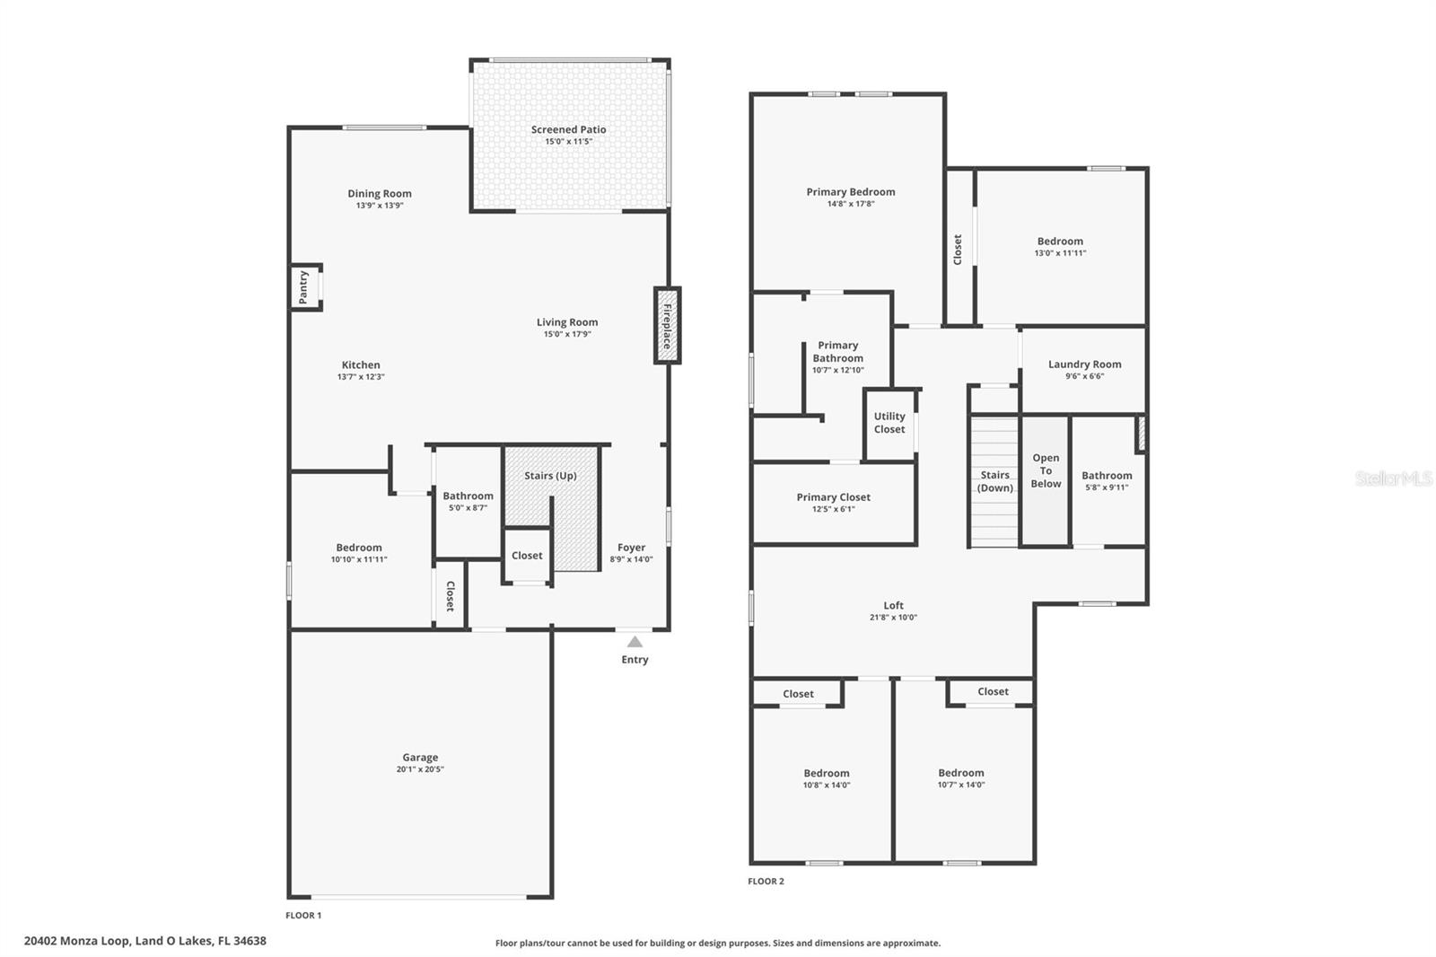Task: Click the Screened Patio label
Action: [x=568, y=129]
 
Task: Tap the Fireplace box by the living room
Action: [x=667, y=325]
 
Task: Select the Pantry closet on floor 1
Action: [x=304, y=287]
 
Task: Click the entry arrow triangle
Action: [x=635, y=642]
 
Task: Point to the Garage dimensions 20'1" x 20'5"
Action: [x=420, y=769]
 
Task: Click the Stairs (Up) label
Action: [x=550, y=476]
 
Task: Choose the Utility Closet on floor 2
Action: [x=889, y=423]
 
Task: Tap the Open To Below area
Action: [x=1046, y=471]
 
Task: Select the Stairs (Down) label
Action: [x=994, y=481]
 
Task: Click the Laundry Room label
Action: [x=1084, y=364]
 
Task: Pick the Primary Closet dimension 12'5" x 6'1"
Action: [x=833, y=509]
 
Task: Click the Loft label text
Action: [x=893, y=605]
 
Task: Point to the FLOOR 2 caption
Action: [x=766, y=882]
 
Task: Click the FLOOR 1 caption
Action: [x=303, y=916]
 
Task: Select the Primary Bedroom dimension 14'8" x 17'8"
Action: [x=850, y=204]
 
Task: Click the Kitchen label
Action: [x=361, y=364]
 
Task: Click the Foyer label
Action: [x=631, y=548]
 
